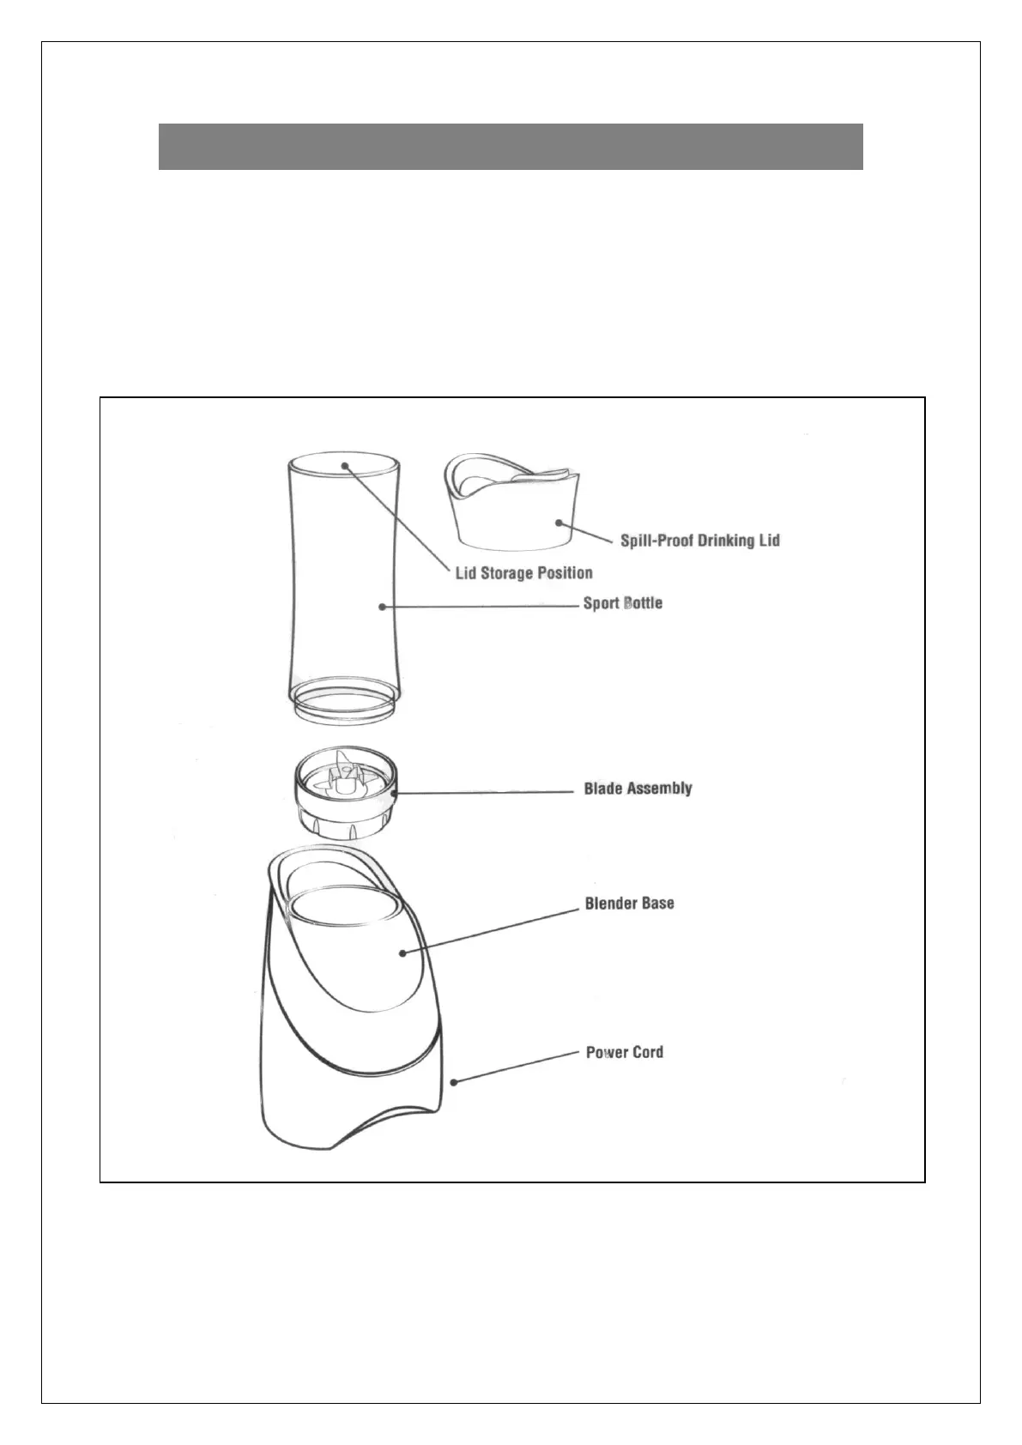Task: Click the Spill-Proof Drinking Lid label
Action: click(x=699, y=541)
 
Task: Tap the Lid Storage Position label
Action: click(x=523, y=572)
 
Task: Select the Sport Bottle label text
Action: click(x=622, y=603)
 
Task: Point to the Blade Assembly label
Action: click(x=638, y=789)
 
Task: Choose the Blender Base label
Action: click(x=629, y=904)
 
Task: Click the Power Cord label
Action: click(x=624, y=1052)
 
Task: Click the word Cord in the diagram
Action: click(x=646, y=1052)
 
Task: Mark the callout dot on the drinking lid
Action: click(x=559, y=521)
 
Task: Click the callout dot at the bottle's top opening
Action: click(x=344, y=465)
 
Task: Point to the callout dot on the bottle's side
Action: click(x=382, y=607)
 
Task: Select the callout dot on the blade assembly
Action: click(x=396, y=794)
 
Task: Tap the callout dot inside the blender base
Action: click(x=402, y=952)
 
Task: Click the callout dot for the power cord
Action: click(x=454, y=1082)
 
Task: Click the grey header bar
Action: click(x=511, y=147)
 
